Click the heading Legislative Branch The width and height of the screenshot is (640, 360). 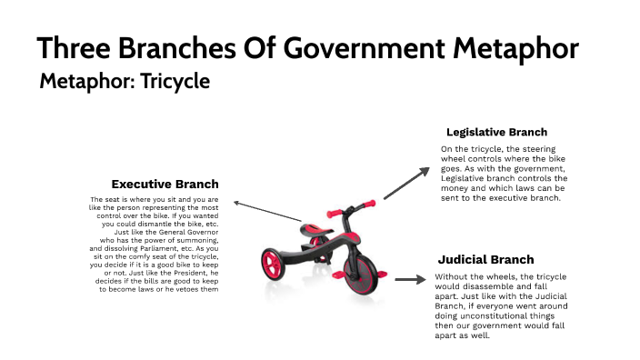[496, 133]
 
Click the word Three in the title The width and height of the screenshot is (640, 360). [77, 47]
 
